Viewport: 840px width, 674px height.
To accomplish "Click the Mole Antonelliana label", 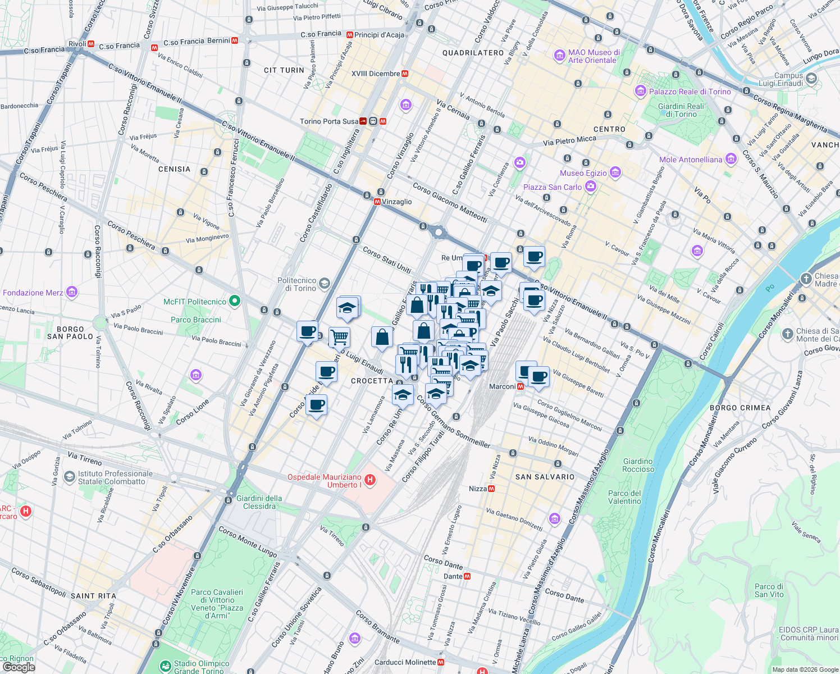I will pyautogui.click(x=691, y=160).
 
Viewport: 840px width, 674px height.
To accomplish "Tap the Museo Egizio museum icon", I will pyautogui.click(x=615, y=172).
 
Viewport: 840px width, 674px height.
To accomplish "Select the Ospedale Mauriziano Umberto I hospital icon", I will pyautogui.click(x=370, y=480).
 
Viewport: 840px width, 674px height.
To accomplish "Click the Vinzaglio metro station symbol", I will pyautogui.click(x=377, y=202).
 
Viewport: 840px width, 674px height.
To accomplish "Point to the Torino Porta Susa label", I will pyautogui.click(x=329, y=121).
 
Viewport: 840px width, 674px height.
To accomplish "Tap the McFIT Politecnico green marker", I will pyautogui.click(x=235, y=302).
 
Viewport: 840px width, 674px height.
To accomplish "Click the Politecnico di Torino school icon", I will pyautogui.click(x=325, y=284).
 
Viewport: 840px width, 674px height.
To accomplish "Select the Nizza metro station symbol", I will pyautogui.click(x=491, y=489).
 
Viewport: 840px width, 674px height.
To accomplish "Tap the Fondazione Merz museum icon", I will pyautogui.click(x=71, y=292).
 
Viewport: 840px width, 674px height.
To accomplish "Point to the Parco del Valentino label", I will pyautogui.click(x=624, y=497).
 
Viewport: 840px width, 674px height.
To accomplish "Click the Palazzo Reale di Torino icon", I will pyautogui.click(x=641, y=91).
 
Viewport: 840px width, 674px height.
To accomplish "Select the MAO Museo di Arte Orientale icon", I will pyautogui.click(x=559, y=55).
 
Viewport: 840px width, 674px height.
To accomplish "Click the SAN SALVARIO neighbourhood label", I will pyautogui.click(x=545, y=477).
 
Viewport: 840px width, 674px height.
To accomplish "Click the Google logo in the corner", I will pyautogui.click(x=19, y=667).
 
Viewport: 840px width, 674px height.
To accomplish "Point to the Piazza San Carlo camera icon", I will pyautogui.click(x=590, y=186).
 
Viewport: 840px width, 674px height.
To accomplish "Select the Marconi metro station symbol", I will pyautogui.click(x=521, y=386).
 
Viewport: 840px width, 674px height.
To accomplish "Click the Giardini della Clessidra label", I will pyautogui.click(x=259, y=502).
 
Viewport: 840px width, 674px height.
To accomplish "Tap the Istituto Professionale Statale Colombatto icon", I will pyautogui.click(x=69, y=477).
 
